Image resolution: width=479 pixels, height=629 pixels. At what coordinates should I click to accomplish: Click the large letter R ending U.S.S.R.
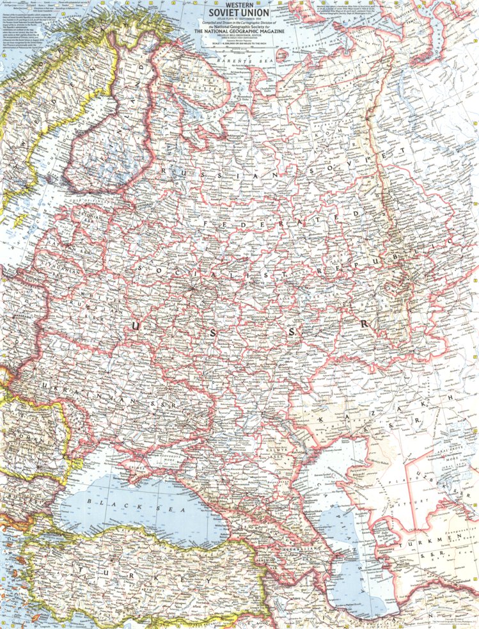point(365,324)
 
